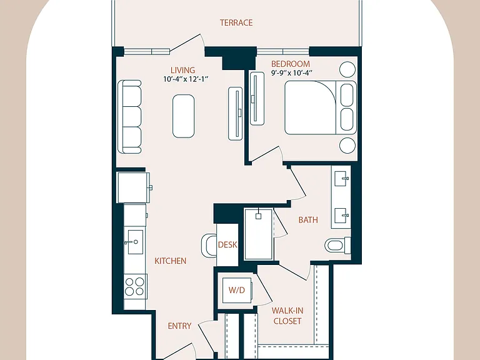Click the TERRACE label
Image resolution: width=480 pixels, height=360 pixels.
click(x=236, y=22)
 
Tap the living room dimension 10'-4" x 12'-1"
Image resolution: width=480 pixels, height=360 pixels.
click(x=186, y=79)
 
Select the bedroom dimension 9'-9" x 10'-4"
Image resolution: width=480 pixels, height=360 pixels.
click(x=291, y=73)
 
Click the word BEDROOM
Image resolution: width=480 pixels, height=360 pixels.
click(x=291, y=64)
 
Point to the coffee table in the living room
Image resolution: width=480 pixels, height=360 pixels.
click(x=183, y=116)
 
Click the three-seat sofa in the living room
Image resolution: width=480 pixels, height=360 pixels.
click(x=130, y=117)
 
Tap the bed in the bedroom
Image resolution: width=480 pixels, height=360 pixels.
click(x=321, y=107)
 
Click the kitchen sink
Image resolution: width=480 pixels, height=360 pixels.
click(x=135, y=242)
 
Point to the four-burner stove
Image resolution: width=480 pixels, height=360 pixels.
click(x=135, y=286)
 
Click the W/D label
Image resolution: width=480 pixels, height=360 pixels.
click(x=237, y=290)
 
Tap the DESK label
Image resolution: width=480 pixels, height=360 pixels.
click(x=227, y=244)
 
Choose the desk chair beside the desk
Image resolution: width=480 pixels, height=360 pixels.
click(x=209, y=246)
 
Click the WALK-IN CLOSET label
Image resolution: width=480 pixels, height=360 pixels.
click(x=287, y=316)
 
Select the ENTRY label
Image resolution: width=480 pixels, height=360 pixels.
click(x=179, y=326)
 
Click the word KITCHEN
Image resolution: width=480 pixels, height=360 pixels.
click(x=170, y=261)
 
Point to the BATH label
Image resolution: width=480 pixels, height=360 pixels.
click(x=308, y=220)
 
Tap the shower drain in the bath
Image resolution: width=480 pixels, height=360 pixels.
click(x=258, y=216)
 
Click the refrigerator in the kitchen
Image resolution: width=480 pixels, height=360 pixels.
click(x=133, y=187)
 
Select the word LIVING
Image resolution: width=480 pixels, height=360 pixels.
click(x=182, y=70)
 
